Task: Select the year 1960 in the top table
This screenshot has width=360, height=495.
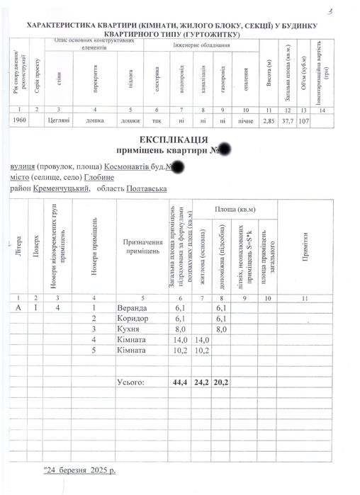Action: (x=21, y=121)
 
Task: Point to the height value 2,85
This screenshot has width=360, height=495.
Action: (x=269, y=121)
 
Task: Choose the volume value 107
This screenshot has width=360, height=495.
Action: (x=304, y=121)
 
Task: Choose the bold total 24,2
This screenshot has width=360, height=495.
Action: (x=202, y=382)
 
